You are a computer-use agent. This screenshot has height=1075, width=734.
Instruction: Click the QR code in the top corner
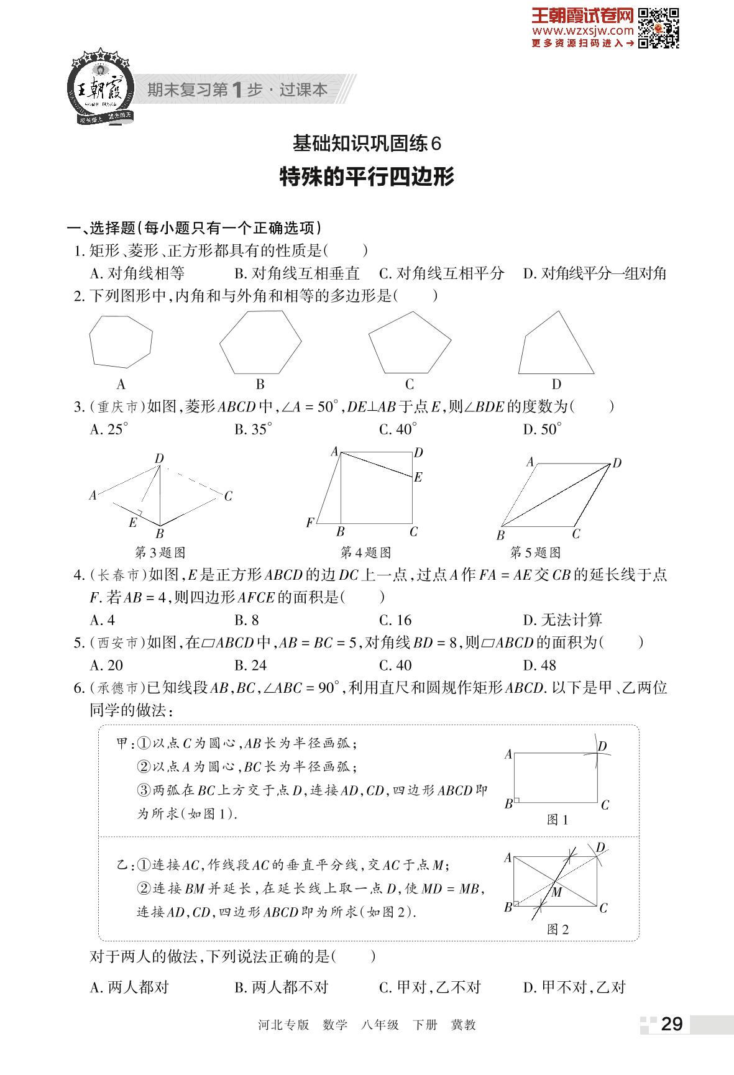659,28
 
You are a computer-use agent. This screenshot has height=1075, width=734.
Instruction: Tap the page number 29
672,1024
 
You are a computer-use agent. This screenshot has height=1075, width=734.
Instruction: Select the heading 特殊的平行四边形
367,176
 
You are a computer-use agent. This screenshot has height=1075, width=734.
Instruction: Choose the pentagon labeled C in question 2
409,346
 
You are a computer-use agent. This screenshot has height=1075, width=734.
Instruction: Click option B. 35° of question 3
253,429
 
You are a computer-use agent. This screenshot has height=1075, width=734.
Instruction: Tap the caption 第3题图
160,552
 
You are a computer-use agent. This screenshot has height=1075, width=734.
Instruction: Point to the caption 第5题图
535,552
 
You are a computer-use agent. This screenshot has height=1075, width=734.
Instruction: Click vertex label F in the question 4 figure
310,523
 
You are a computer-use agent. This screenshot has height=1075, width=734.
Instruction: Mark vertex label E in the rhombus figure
132,523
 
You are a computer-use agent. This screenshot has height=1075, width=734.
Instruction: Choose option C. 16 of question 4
395,620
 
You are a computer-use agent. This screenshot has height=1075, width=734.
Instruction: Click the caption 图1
557,820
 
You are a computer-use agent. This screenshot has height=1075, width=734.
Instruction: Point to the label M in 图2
557,892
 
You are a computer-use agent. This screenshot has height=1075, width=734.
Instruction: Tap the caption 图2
557,930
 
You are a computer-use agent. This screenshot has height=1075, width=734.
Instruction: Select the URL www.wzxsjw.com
582,30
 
